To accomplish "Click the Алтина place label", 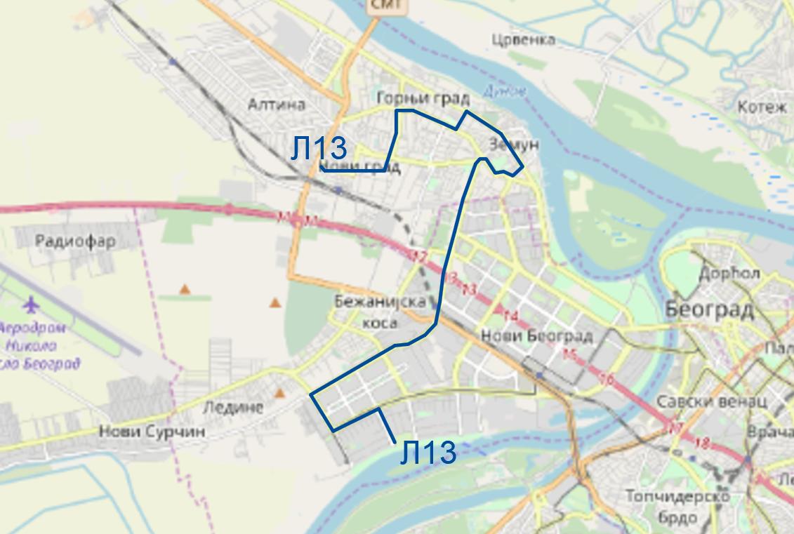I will (277, 105).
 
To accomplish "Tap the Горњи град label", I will (422, 98).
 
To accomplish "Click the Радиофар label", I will (75, 241).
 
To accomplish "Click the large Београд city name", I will (709, 309).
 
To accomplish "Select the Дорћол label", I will (729, 273).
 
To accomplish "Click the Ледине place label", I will (232, 407).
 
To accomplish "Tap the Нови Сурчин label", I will (152, 431).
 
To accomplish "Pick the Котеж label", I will (762, 107).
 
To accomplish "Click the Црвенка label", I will (523, 39).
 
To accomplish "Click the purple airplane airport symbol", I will (31, 305).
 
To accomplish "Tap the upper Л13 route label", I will (319, 149).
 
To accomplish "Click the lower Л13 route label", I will (428, 453).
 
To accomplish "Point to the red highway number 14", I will (510, 316).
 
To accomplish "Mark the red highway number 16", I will (607, 380).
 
